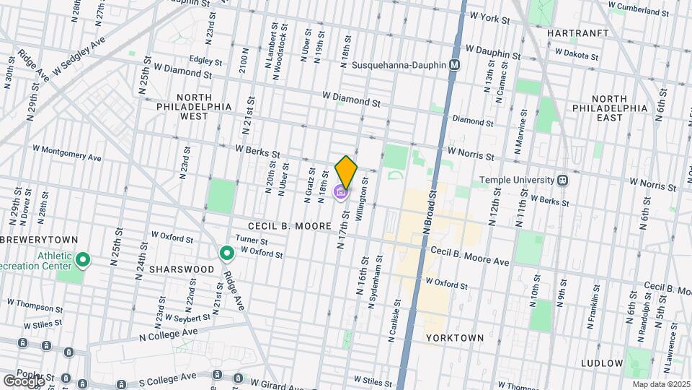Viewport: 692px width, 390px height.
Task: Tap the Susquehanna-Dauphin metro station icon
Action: (454, 65)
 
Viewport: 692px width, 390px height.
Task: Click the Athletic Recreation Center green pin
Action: (83, 259)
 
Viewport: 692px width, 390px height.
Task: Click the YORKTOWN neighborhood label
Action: (453, 337)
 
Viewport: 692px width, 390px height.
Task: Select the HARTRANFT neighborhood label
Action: (578, 33)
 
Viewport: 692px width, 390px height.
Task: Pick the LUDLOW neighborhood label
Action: (600, 363)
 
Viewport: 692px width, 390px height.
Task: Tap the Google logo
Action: (24, 381)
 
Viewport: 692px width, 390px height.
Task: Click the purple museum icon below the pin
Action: (340, 193)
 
